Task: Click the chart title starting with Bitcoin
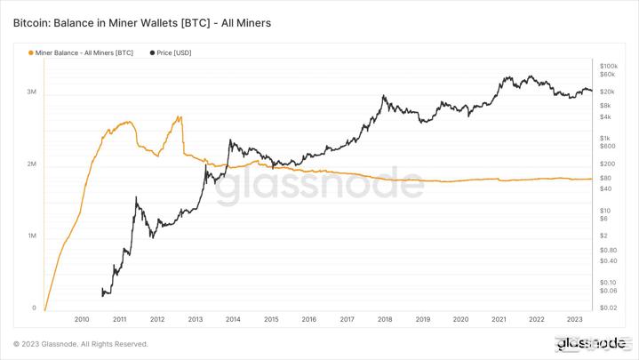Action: [x=142, y=21]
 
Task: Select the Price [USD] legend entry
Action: [x=175, y=52]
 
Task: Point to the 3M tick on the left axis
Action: [x=30, y=92]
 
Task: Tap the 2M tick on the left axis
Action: [x=30, y=164]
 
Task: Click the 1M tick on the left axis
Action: [x=30, y=236]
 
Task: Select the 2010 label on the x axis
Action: [x=82, y=318]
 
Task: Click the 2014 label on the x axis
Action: [x=233, y=318]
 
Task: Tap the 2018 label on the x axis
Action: [x=385, y=318]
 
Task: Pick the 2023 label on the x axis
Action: [x=574, y=318]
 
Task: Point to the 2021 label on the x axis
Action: [x=499, y=318]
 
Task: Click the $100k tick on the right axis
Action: [x=609, y=66]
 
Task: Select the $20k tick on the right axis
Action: [x=608, y=92]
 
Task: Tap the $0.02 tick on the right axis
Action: [x=609, y=308]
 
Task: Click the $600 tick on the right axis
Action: [x=608, y=146]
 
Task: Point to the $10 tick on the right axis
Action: [x=605, y=210]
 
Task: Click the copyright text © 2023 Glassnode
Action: [x=81, y=344]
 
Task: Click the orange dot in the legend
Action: [x=32, y=52]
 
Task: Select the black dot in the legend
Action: [x=153, y=52]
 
